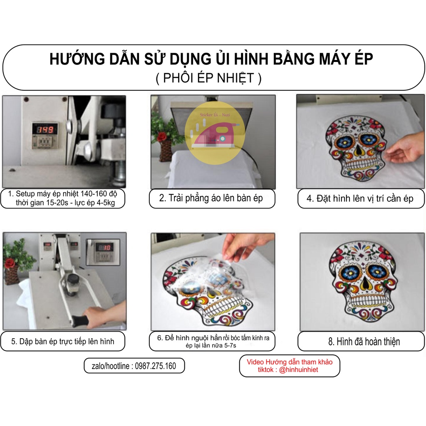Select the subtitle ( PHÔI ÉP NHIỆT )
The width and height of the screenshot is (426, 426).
tap(209, 78)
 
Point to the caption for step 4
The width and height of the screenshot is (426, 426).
tap(360, 198)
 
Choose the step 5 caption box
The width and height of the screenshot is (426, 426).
tap(63, 342)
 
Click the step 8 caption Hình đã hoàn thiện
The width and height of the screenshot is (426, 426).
tap(364, 342)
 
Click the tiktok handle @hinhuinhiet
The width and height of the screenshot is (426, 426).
tap(299, 370)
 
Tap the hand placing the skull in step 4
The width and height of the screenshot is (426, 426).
tap(405, 149)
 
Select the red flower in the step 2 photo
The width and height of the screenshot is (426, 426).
tap(162, 136)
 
